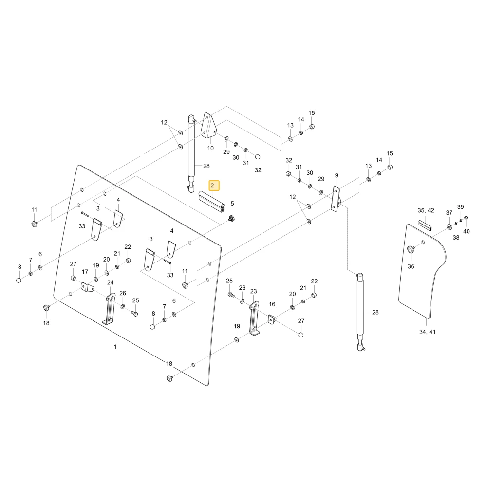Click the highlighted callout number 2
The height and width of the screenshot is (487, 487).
(212, 186)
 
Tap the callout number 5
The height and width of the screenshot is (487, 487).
(232, 204)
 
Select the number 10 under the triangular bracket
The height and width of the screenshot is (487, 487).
(210, 148)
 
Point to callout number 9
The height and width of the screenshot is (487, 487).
(337, 175)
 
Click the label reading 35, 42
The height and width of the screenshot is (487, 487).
(426, 210)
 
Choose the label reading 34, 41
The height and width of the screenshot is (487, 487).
(428, 332)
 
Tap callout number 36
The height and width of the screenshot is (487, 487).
(411, 266)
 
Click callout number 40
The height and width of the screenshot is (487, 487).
(467, 231)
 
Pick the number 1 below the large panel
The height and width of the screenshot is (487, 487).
(115, 347)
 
